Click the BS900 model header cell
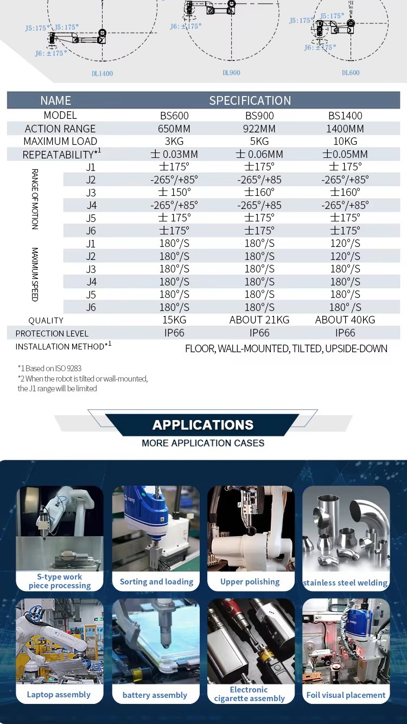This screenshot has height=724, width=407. pyautogui.click(x=259, y=116)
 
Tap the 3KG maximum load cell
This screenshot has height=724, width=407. pyautogui.click(x=174, y=141)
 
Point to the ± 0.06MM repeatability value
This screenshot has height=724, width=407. pyautogui.click(x=259, y=154)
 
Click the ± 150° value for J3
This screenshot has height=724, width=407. pyautogui.click(x=174, y=192)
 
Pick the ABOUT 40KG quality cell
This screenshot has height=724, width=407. pyautogui.click(x=345, y=320)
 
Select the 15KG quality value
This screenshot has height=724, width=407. pyautogui.click(x=174, y=320)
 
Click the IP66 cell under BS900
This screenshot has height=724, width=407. pyautogui.click(x=259, y=333)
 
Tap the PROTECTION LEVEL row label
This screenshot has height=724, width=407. pyautogui.click(x=52, y=333)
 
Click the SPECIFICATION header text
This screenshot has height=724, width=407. pyautogui.click(x=250, y=100)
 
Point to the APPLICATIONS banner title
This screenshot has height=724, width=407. pyautogui.click(x=203, y=425)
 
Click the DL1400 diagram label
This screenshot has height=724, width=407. pyautogui.click(x=102, y=73)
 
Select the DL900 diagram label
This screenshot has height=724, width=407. pyautogui.click(x=231, y=73)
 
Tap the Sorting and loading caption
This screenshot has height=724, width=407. pyautogui.click(x=156, y=581)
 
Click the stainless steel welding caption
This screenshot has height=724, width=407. pyautogui.click(x=345, y=583)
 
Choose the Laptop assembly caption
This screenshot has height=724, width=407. pyautogui.click(x=59, y=695)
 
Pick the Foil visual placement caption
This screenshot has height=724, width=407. pyautogui.click(x=346, y=695)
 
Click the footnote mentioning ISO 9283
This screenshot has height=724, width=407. pyautogui.click(x=49, y=368)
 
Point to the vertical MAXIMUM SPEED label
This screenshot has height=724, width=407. pyautogui.click(x=35, y=275)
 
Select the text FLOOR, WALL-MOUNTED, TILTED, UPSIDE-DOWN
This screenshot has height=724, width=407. pyautogui.click(x=286, y=348)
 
